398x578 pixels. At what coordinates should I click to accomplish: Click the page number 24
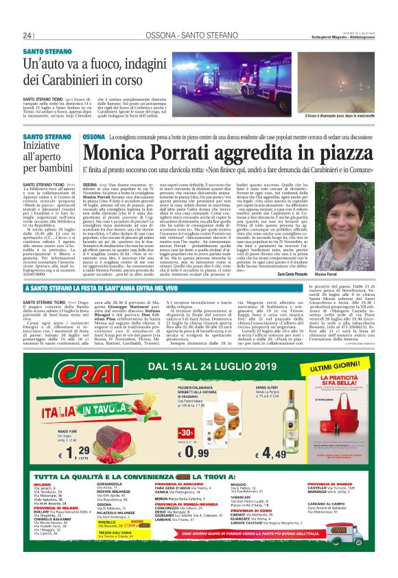pyautogui.click(x=27, y=36)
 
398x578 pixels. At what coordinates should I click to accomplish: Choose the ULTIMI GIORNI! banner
pyautogui.click(x=347, y=369)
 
